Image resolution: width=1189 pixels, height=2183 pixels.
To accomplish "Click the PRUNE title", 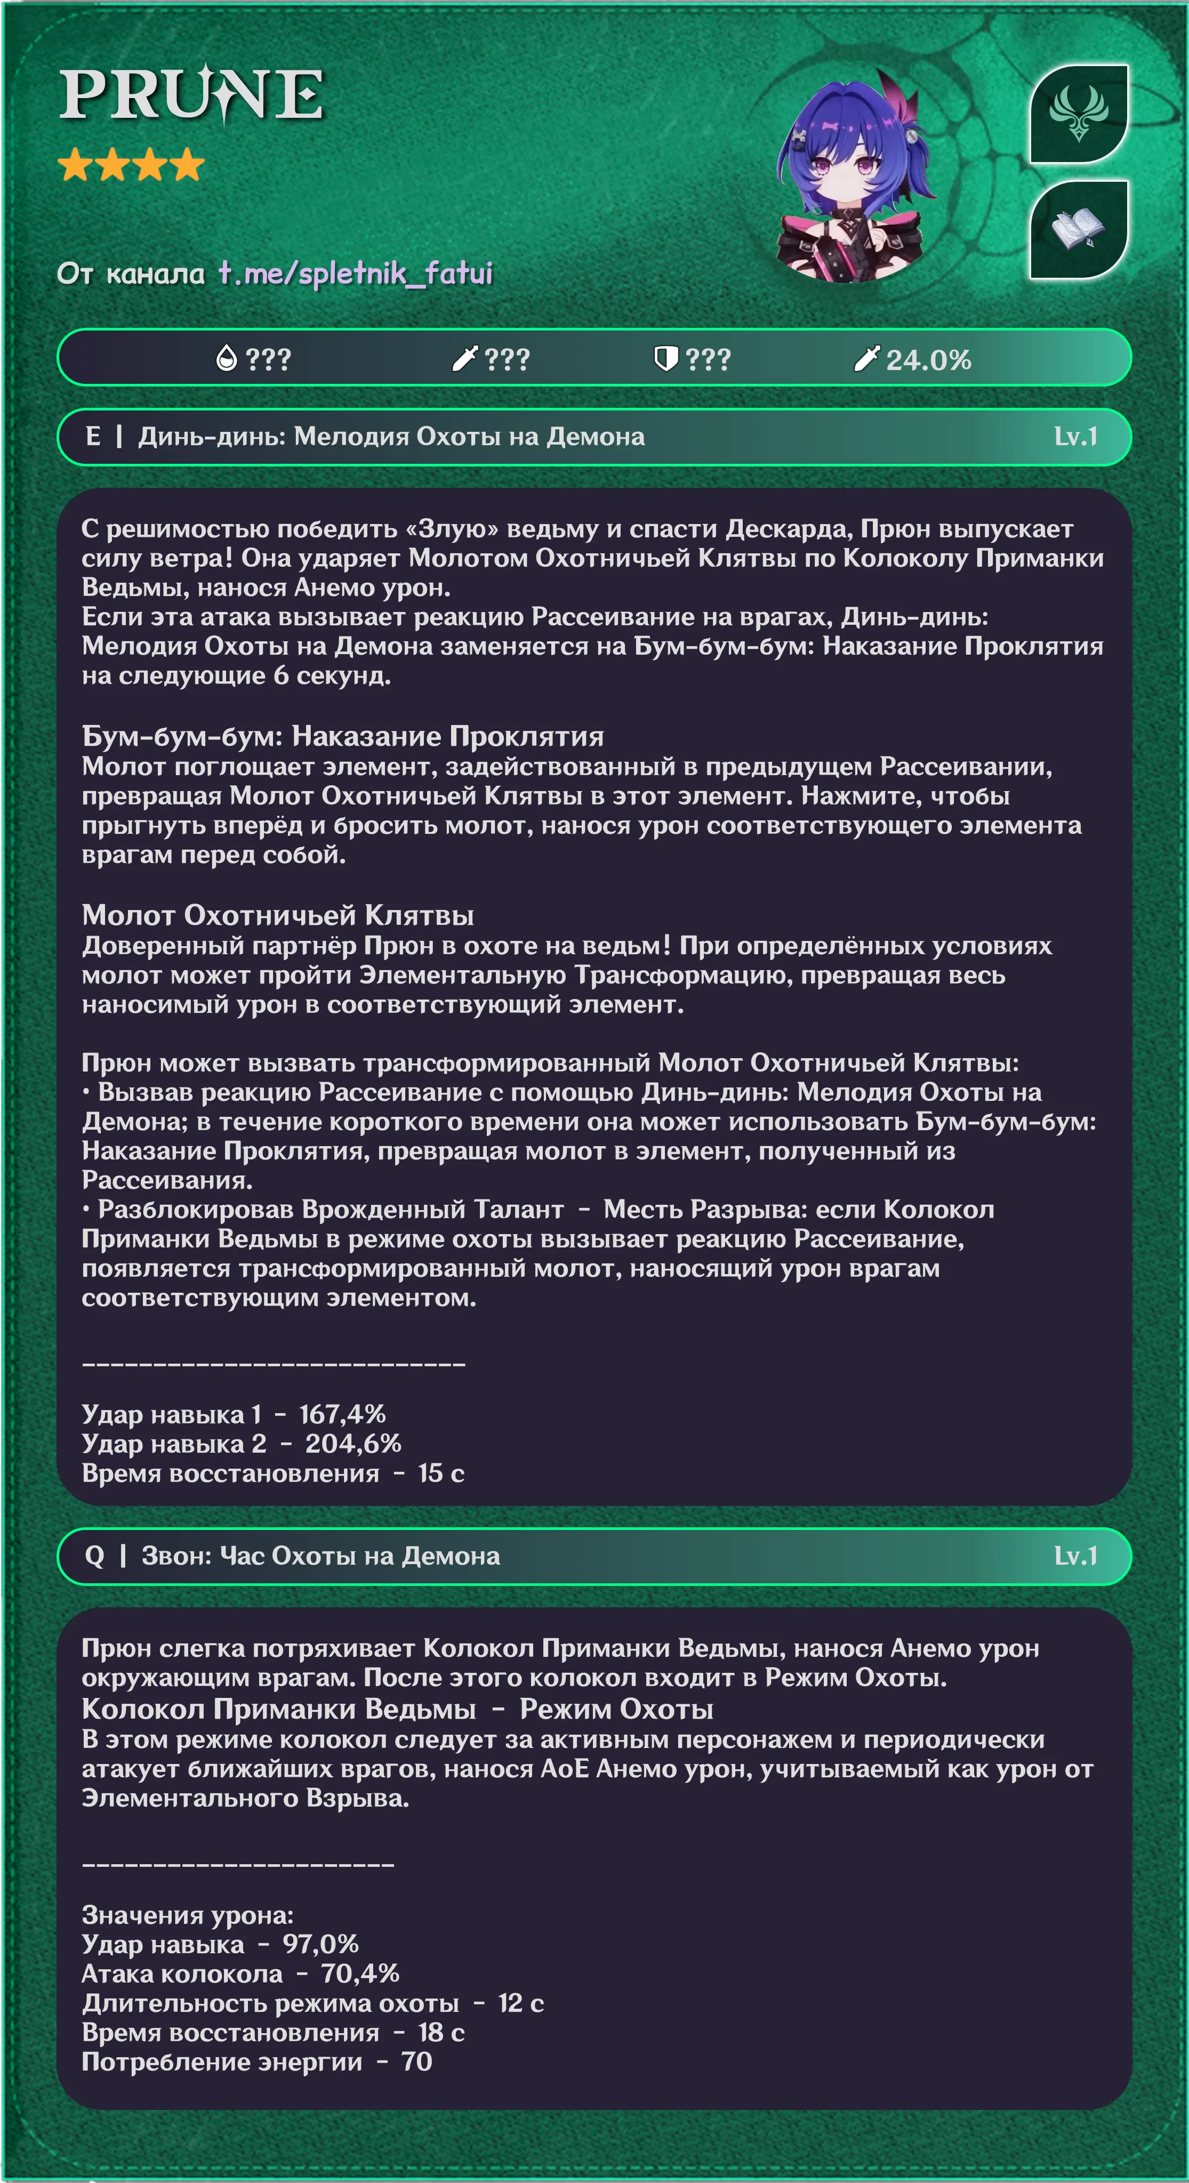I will (191, 93).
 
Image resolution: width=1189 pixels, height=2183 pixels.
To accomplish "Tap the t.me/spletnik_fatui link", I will (355, 273).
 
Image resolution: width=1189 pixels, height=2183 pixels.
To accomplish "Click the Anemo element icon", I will (1078, 112).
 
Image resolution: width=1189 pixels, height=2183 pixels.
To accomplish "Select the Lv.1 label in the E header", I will (1075, 437).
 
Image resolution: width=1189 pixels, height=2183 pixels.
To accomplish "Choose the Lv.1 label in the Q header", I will (1075, 1556).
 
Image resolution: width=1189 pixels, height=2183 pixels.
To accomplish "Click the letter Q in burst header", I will (94, 1556).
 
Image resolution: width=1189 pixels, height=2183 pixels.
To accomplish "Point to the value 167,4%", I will (342, 1414).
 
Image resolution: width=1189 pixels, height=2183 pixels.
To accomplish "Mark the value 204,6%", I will (352, 1444).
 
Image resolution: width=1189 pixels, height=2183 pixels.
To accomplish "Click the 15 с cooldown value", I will (441, 1473).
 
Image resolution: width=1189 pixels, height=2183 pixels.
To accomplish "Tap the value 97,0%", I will (320, 1944).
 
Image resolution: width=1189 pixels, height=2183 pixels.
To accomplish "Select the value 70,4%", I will (359, 1973).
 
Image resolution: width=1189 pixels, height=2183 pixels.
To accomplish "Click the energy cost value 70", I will (416, 2062).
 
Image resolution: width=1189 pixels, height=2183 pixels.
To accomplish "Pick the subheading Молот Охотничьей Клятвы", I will (277, 915).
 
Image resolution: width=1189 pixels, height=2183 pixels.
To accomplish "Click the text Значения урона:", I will (187, 1915).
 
